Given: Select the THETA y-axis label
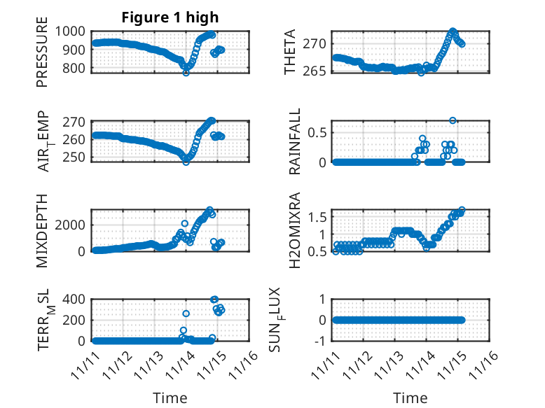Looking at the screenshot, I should click(x=290, y=52).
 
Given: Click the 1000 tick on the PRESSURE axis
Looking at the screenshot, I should click(x=74, y=31).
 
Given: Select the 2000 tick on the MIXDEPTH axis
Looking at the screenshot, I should click(x=74, y=224).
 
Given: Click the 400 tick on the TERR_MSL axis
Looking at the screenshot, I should click(x=77, y=299).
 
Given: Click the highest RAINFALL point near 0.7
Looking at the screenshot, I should click(x=453, y=120).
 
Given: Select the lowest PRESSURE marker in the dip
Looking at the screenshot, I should click(x=186, y=72).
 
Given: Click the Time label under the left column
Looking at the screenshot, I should click(x=170, y=398).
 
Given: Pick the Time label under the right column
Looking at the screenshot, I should click(x=411, y=398).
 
